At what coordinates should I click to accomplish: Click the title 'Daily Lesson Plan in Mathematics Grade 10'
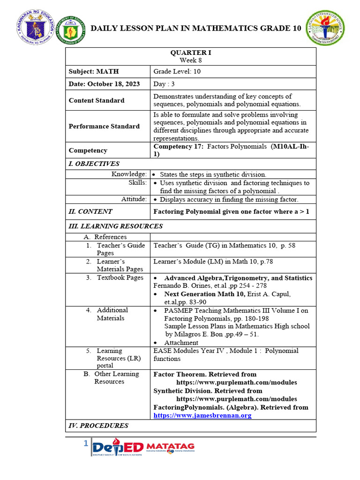coord(195,29)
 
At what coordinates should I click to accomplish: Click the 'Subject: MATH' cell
coord(94,71)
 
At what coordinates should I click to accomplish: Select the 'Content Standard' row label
coord(97,100)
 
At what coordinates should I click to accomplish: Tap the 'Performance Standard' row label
coord(104,126)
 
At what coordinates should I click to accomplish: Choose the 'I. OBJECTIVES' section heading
coord(94,164)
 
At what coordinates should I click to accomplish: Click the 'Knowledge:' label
coord(129,174)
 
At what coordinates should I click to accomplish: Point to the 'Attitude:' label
coord(134,199)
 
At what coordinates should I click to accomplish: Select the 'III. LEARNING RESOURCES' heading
coord(116,226)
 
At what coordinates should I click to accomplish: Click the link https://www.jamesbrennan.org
coord(202,415)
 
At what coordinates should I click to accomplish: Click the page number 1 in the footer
coord(86,443)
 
